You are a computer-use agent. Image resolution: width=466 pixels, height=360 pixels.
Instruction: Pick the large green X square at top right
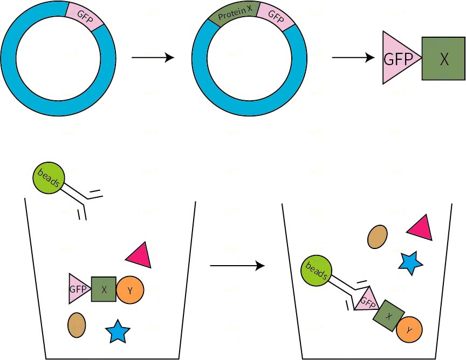pos(443,59)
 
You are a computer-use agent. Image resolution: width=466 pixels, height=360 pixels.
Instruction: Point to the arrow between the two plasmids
pos(153,57)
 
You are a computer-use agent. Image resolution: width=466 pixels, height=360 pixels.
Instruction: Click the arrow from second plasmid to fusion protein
pos(353,57)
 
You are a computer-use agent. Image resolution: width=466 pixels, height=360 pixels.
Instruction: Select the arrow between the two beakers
pos(237,266)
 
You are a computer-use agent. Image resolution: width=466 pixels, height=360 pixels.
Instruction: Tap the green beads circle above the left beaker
pos(49,178)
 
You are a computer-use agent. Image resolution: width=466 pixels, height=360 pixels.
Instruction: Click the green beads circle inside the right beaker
pos(317,271)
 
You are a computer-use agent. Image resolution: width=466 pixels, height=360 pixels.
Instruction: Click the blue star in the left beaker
pos(117,331)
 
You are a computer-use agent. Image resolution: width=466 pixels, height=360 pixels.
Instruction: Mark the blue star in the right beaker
pos(410,262)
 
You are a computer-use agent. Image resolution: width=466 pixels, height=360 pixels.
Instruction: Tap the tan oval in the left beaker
pos(77,325)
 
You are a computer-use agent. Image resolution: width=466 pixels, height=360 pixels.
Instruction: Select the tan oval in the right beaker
pos(378,237)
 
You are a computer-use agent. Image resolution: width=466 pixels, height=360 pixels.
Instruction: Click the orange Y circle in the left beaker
pos(130,290)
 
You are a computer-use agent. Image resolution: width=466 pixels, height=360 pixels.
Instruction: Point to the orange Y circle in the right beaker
pos(409,329)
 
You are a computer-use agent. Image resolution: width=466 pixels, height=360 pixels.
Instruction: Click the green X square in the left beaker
pos(104,289)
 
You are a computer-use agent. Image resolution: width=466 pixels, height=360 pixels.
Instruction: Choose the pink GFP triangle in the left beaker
pos(77,289)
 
